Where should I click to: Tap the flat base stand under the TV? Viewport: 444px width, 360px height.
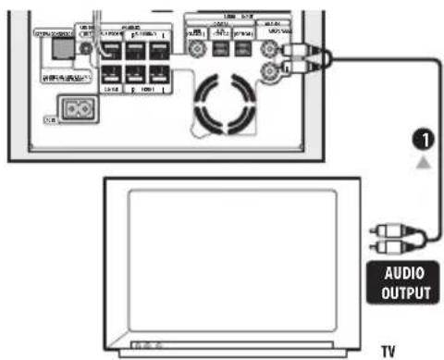coord(240,354)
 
